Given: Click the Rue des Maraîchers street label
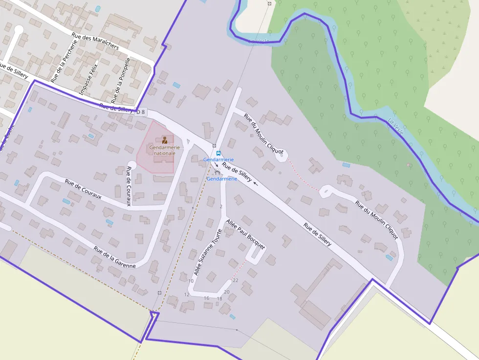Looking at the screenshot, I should pos(95,41).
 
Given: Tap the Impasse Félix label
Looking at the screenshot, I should pos(88,79).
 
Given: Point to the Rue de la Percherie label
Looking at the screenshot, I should pos(64,61).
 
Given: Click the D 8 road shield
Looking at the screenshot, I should pos(141,112).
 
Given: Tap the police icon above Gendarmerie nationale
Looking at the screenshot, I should pos(165,140).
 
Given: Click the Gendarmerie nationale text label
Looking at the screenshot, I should pos(164,150).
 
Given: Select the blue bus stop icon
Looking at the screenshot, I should pos(218,153).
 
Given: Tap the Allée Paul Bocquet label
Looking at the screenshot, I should pos(245,234).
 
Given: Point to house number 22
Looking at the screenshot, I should pos(235,280).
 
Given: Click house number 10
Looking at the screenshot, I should pos(191,281).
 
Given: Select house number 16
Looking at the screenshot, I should pos(206,298).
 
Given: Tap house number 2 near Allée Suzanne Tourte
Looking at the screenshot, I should pos(221,207).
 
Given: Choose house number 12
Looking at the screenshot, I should pos(186,295).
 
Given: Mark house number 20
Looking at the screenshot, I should pos(226,292).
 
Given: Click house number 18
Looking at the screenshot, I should pos(219,298).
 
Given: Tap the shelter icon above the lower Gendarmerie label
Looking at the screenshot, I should pos(217,172).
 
